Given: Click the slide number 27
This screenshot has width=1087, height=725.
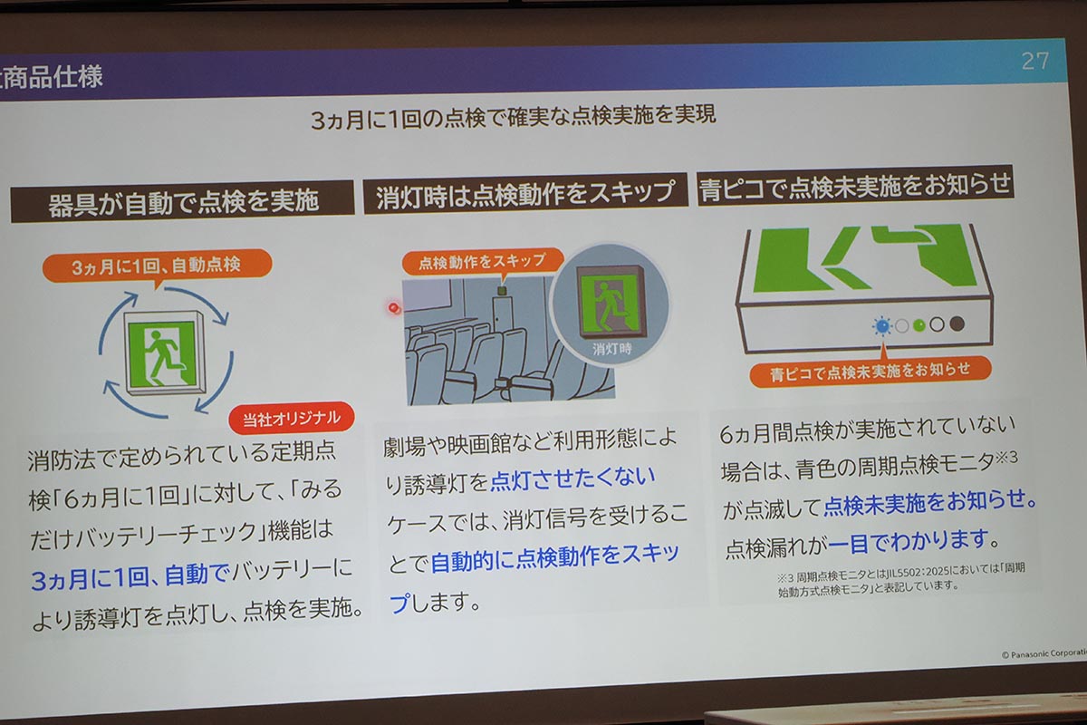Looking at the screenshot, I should pyautogui.click(x=1034, y=62).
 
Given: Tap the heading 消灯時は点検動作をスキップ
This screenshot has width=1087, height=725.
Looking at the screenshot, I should pyautogui.click(x=525, y=193).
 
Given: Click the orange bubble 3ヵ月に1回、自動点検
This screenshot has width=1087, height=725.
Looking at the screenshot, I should pyautogui.click(x=156, y=266).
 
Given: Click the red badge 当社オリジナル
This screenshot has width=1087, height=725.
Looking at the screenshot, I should pyautogui.click(x=292, y=419).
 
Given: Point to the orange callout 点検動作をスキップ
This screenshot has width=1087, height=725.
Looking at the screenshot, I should pyautogui.click(x=482, y=261).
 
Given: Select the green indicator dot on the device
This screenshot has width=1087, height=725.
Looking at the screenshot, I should pyautogui.click(x=919, y=324).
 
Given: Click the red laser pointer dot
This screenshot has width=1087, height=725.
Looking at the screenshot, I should pyautogui.click(x=393, y=308).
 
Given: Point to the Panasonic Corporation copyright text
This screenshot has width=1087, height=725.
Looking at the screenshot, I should pyautogui.click(x=1042, y=653).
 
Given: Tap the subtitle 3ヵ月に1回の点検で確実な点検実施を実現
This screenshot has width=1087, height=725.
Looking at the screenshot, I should pyautogui.click(x=513, y=118).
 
